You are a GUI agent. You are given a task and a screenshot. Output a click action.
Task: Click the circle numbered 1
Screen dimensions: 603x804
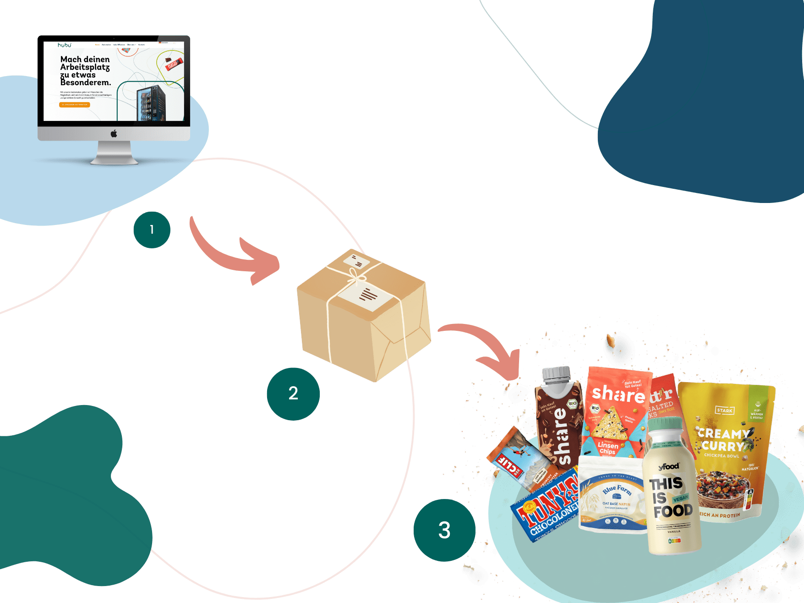[x=152, y=230]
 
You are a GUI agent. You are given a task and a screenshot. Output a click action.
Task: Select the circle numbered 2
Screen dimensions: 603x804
[x=293, y=394]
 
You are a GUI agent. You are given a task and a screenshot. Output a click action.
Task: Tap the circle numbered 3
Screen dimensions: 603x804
[x=444, y=530]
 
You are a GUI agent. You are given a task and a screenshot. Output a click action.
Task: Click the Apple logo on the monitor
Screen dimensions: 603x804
[x=114, y=133]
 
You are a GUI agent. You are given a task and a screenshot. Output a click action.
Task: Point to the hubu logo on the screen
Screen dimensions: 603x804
[x=64, y=45]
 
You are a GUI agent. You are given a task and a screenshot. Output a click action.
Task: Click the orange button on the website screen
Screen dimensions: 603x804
[x=75, y=104]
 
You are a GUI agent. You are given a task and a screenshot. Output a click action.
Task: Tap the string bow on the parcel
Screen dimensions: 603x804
[x=356, y=276]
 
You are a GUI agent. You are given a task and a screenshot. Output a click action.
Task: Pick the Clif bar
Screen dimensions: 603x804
[x=515, y=458]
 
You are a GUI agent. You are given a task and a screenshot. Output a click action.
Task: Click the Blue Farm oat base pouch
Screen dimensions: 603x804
[x=612, y=497]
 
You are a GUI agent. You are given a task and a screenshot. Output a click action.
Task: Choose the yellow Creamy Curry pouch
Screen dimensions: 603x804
[x=726, y=449]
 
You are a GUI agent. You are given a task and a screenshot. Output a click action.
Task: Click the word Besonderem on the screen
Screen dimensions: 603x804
[x=86, y=83]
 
